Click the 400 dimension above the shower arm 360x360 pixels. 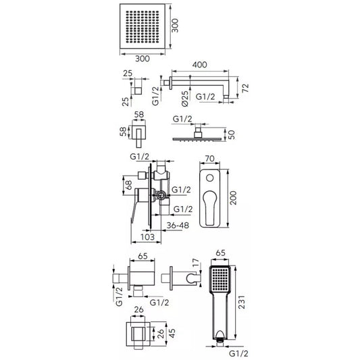tap(199, 65)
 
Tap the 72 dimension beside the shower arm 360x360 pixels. tap(245, 88)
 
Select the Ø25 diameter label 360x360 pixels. tap(185, 99)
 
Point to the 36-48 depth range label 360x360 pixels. tap(178, 225)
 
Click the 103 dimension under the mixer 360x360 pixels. tap(147, 236)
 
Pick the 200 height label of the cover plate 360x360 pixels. tap(233, 198)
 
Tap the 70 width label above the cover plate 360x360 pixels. tap(209, 159)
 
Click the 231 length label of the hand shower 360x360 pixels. tap(242, 302)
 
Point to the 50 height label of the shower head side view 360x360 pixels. tap(232, 134)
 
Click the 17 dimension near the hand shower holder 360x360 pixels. tap(196, 263)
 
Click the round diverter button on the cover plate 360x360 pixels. tap(209, 178)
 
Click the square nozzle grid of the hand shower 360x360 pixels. tap(220, 279)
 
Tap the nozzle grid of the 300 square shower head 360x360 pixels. tap(143, 26)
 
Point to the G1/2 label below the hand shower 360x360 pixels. tap(239, 353)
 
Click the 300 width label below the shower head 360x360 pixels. tap(143, 59)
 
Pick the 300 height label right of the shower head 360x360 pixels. tap(175, 26)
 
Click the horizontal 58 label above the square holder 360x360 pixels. tap(139, 114)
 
